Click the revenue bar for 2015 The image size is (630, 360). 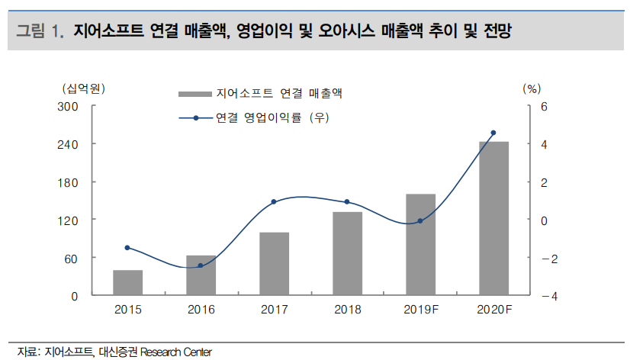[x=127, y=282]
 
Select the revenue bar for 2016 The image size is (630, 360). [x=201, y=275]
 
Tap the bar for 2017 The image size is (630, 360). [x=274, y=264]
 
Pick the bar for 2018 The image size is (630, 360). [x=347, y=253]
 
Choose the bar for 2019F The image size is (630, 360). [x=420, y=244]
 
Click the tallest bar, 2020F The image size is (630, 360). [x=493, y=218]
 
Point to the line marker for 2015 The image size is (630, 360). [x=127, y=248]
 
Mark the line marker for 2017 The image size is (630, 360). [x=274, y=202]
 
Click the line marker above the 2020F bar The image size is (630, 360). [x=493, y=133]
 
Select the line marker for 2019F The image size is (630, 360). [x=420, y=221]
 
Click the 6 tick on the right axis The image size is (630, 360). [x=544, y=106]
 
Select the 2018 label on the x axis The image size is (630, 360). [x=347, y=310]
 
